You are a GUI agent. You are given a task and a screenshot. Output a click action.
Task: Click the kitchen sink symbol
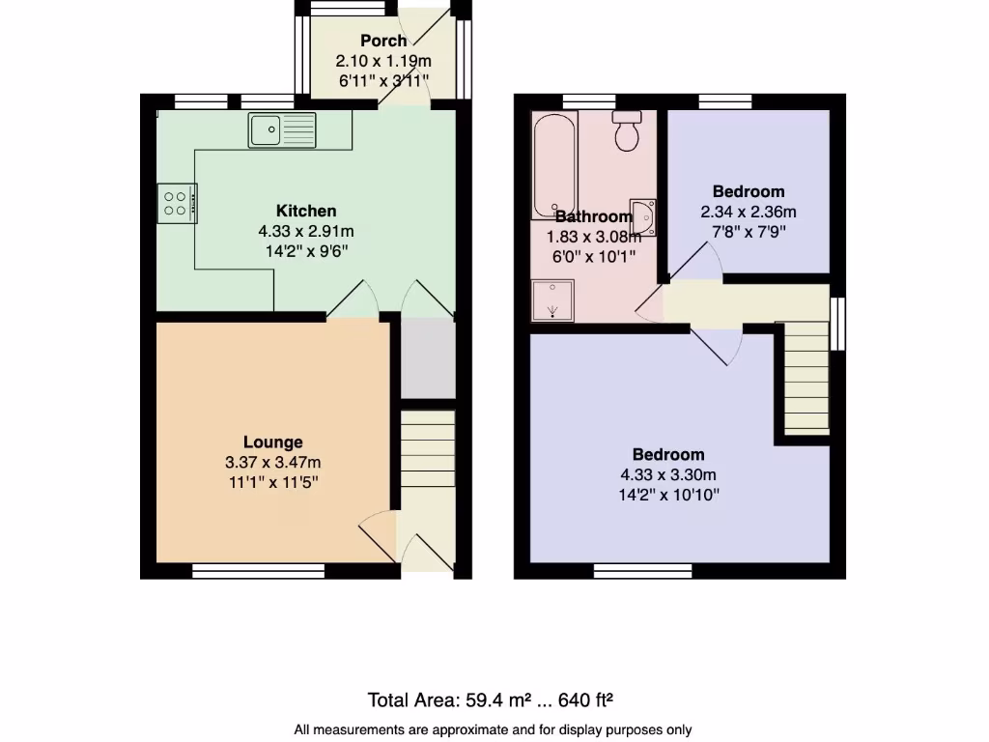coord(281,129)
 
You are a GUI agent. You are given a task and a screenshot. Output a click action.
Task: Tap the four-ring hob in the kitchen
coord(177,203)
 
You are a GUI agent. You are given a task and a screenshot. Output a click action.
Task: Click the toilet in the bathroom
coord(628,131)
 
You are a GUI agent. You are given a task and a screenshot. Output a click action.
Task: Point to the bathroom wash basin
coord(643,217)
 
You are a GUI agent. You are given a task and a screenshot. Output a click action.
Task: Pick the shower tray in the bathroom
coord(552,300)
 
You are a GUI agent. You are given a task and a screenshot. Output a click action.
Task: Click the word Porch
coord(382,41)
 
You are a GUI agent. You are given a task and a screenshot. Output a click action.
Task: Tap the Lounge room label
coord(272,442)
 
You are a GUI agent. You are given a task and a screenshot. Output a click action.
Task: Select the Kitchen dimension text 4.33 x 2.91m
coord(305,231)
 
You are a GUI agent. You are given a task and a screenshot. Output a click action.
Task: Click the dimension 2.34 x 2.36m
coord(749,212)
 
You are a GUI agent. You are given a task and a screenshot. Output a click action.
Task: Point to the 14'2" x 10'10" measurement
coord(668,495)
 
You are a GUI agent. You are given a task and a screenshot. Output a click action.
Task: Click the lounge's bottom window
coord(258,572)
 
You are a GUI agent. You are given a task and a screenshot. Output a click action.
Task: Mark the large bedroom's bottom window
coord(643,572)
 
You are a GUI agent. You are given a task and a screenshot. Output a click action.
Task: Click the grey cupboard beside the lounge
coord(428,358)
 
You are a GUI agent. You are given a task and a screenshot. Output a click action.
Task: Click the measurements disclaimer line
coord(493,729)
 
